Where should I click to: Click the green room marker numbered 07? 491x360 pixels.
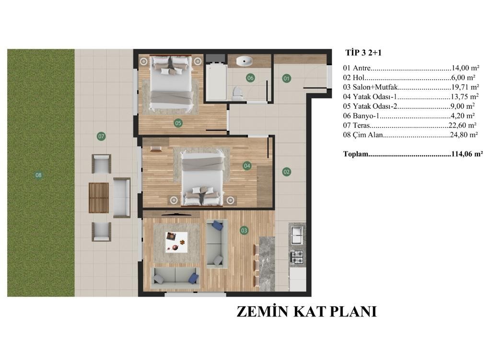click(x=101, y=136)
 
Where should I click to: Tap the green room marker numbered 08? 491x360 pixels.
click(x=38, y=175)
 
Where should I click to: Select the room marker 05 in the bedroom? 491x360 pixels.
click(x=178, y=123)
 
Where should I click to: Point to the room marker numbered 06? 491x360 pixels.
click(x=250, y=78)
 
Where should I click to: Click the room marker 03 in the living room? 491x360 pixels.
click(x=244, y=231)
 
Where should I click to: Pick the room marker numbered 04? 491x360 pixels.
click(x=247, y=165)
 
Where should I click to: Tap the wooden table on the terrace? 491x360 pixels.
click(x=99, y=198)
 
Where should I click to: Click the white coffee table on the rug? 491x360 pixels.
click(x=176, y=242)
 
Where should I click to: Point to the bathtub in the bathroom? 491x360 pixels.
click(x=216, y=81)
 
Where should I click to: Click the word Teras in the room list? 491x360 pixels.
click(x=362, y=125)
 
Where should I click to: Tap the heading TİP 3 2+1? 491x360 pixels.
click(x=363, y=53)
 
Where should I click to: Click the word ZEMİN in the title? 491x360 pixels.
click(x=262, y=312)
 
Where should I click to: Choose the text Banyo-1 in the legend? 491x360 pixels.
click(x=366, y=116)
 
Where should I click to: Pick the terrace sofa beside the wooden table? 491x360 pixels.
click(x=121, y=197)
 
